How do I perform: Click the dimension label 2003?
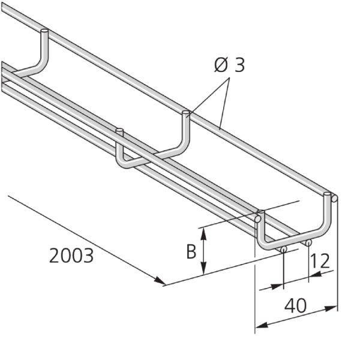tap(71, 256)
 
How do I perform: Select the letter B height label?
tap(191, 251)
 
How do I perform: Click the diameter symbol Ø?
tap(222, 65)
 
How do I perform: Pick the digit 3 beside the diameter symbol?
tap(239, 65)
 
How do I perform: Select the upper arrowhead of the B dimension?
tap(205, 232)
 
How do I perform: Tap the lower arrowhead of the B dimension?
tap(205, 271)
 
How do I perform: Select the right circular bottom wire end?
tap(308, 243)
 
